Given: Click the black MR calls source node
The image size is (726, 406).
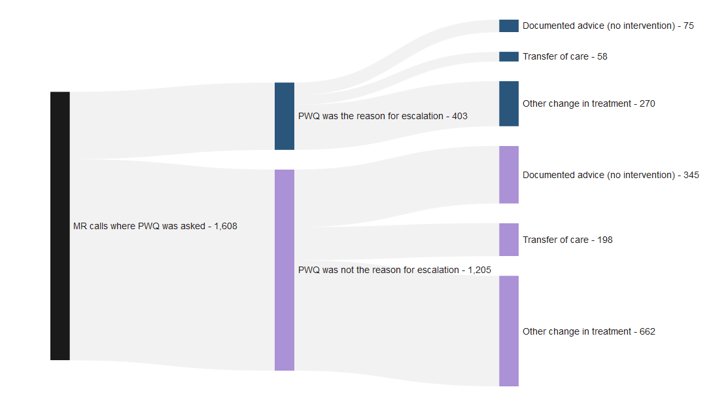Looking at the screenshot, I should (60, 226).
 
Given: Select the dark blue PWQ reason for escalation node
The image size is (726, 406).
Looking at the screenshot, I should (285, 116).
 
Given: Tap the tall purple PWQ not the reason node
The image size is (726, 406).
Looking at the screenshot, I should (285, 270).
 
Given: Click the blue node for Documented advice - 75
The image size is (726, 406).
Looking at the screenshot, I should (509, 26).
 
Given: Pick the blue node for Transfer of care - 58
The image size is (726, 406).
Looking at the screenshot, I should (509, 56).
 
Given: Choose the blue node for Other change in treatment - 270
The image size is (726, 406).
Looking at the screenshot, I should (509, 103).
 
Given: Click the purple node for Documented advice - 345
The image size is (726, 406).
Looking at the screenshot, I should (509, 175).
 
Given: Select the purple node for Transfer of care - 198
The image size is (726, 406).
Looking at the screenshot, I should (509, 240).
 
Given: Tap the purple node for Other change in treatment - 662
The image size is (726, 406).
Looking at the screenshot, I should (509, 331).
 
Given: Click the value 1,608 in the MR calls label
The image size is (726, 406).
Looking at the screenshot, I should (226, 227).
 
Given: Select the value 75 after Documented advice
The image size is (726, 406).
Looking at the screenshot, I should (689, 26).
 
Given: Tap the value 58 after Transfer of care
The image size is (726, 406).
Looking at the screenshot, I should (602, 57).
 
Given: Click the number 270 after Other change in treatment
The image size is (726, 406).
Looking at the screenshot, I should (647, 104).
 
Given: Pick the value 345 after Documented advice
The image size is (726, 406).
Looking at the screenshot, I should (691, 175).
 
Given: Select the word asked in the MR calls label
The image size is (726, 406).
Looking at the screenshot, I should (192, 227).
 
